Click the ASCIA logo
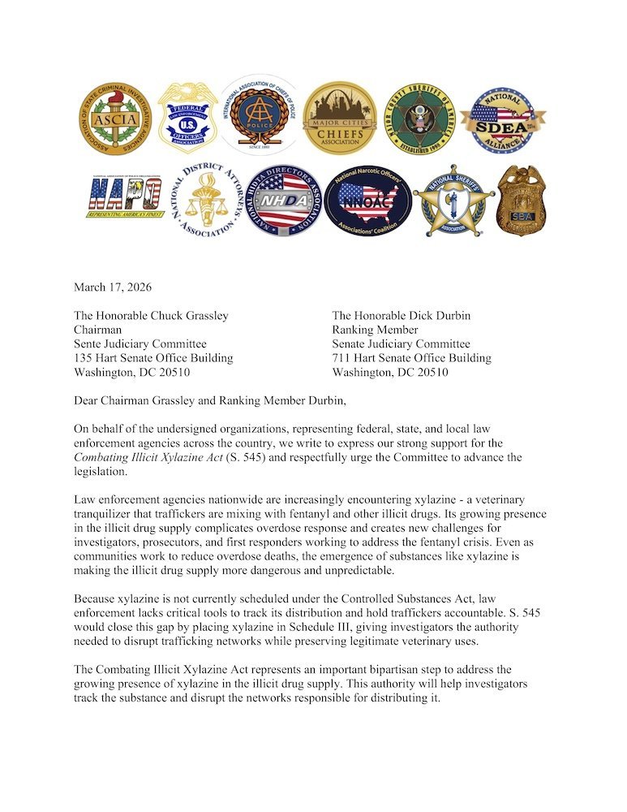115,119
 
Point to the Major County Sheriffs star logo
419,119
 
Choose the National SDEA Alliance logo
503,119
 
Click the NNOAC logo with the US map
367,200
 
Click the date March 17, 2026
113,287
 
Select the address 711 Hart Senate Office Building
411,358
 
